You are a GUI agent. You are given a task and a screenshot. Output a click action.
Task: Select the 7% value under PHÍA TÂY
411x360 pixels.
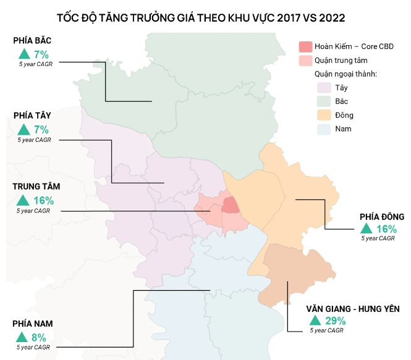[41, 130]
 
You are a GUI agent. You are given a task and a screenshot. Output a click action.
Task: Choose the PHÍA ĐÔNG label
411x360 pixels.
[382, 217]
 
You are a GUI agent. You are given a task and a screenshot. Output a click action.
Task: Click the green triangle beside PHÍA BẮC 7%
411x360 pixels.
[23, 54]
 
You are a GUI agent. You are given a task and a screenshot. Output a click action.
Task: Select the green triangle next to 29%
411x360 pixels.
[315, 320]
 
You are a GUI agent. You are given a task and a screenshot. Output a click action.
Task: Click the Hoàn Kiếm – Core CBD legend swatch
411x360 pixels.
[305, 47]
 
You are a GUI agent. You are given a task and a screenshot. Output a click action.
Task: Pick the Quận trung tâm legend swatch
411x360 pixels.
[305, 61]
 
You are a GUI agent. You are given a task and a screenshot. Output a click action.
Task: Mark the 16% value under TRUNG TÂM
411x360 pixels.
[44, 201]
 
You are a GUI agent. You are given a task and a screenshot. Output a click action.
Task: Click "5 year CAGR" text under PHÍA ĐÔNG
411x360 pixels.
[378, 238]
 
